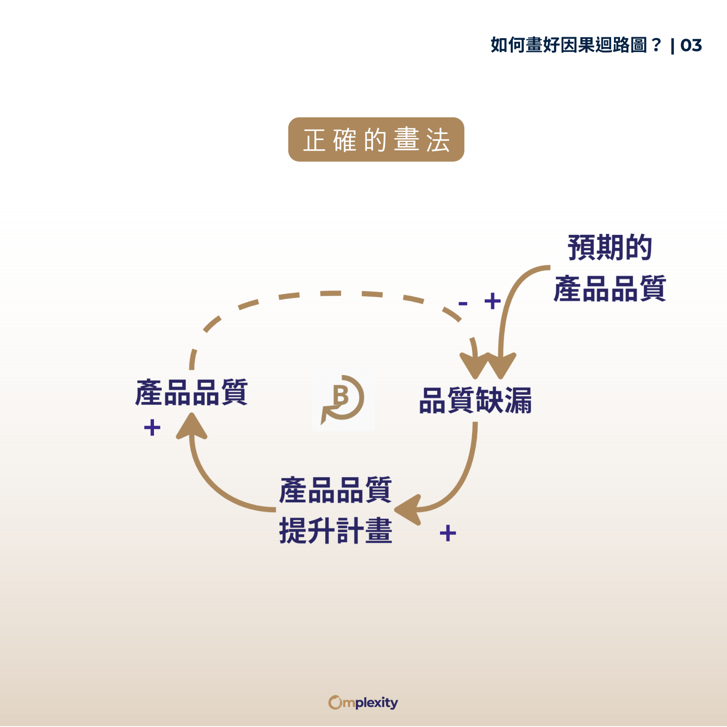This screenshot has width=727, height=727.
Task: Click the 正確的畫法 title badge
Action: (376, 140)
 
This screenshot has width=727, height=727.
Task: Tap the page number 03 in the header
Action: (691, 45)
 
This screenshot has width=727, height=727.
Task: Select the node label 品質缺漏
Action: (475, 400)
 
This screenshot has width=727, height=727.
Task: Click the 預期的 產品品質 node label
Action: (610, 268)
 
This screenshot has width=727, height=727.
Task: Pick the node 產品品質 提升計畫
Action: (335, 510)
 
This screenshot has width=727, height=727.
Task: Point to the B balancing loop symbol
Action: (343, 398)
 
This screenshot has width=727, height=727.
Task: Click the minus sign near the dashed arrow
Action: (462, 304)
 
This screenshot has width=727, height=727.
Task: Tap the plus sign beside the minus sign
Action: (492, 301)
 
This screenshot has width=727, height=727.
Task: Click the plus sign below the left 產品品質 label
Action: (152, 427)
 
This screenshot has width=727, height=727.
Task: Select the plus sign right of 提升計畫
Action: (447, 533)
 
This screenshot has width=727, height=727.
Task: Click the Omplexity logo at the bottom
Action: (363, 702)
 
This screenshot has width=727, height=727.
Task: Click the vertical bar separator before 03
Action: (672, 46)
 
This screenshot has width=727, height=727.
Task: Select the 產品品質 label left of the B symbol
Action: (191, 393)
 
